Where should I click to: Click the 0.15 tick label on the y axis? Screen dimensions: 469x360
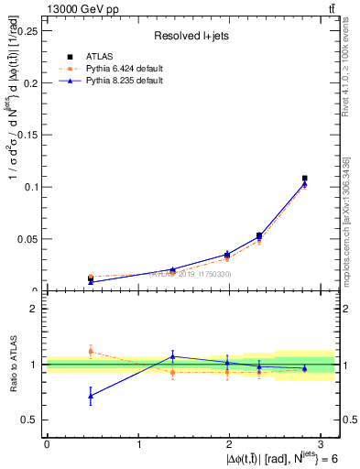tap(27, 135)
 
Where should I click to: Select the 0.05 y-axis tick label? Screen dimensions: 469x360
tap(27, 239)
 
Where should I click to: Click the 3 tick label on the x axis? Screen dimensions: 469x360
tap(322, 444)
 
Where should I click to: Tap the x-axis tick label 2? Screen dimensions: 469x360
tap(230, 444)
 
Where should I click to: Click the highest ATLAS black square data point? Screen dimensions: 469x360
tap(305, 179)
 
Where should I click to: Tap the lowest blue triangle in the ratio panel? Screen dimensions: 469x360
tap(90, 396)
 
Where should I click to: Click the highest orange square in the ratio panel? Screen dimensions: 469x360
tap(90, 351)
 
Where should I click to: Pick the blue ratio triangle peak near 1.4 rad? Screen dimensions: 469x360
tap(172, 356)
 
